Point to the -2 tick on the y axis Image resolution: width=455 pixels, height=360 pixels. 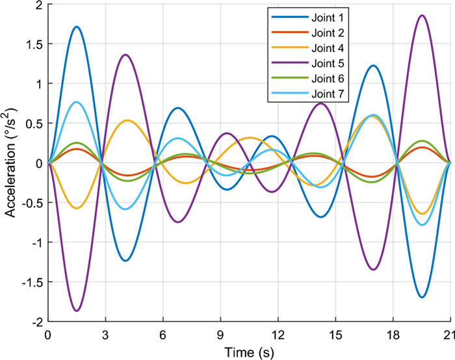click(x=36, y=322)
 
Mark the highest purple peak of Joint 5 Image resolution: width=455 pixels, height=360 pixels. click(x=422, y=15)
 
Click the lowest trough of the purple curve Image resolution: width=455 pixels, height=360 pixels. click(x=77, y=311)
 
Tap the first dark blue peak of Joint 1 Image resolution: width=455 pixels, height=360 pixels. click(x=77, y=27)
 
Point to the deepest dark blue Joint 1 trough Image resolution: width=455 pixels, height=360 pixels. click(x=422, y=297)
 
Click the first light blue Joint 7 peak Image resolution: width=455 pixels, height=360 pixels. click(x=77, y=101)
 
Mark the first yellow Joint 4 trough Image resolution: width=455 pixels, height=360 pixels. click(x=77, y=208)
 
